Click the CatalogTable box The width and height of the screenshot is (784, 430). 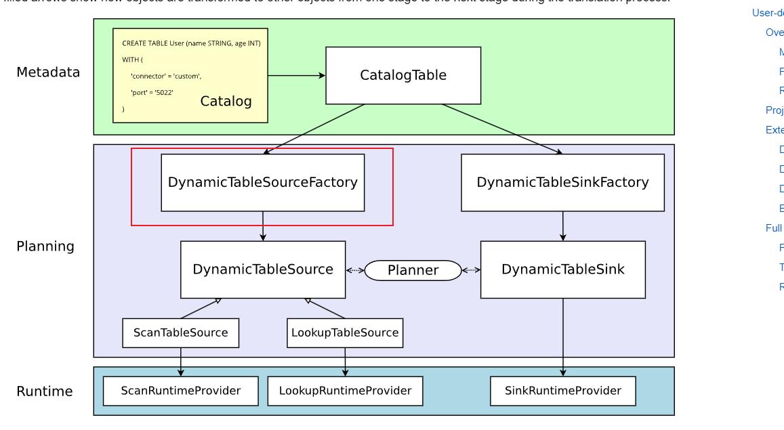tap(403, 75)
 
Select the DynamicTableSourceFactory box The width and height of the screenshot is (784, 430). tap(262, 182)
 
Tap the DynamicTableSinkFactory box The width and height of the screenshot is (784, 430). tap(562, 182)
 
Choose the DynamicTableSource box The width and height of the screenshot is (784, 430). tap(262, 270)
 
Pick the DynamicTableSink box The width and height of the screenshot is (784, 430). tap(562, 270)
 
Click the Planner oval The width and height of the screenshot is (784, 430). tap(413, 271)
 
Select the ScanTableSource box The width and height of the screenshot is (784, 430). tap(180, 332)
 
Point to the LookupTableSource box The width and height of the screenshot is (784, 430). tap(345, 332)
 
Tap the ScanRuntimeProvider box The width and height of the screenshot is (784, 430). tap(180, 391)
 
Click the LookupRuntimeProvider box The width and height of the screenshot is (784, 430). tap(345, 391)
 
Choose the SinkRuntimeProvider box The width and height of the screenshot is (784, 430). tap(562, 391)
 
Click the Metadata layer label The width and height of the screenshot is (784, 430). tap(48, 72)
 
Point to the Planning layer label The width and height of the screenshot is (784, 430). tap(45, 246)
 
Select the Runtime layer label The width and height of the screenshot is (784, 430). tap(45, 391)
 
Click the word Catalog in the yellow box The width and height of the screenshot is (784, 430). tap(226, 102)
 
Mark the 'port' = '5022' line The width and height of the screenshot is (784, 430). tap(152, 92)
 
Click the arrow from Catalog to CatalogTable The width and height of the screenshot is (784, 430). tap(297, 76)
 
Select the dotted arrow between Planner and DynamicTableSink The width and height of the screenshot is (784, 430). tap(471, 271)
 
